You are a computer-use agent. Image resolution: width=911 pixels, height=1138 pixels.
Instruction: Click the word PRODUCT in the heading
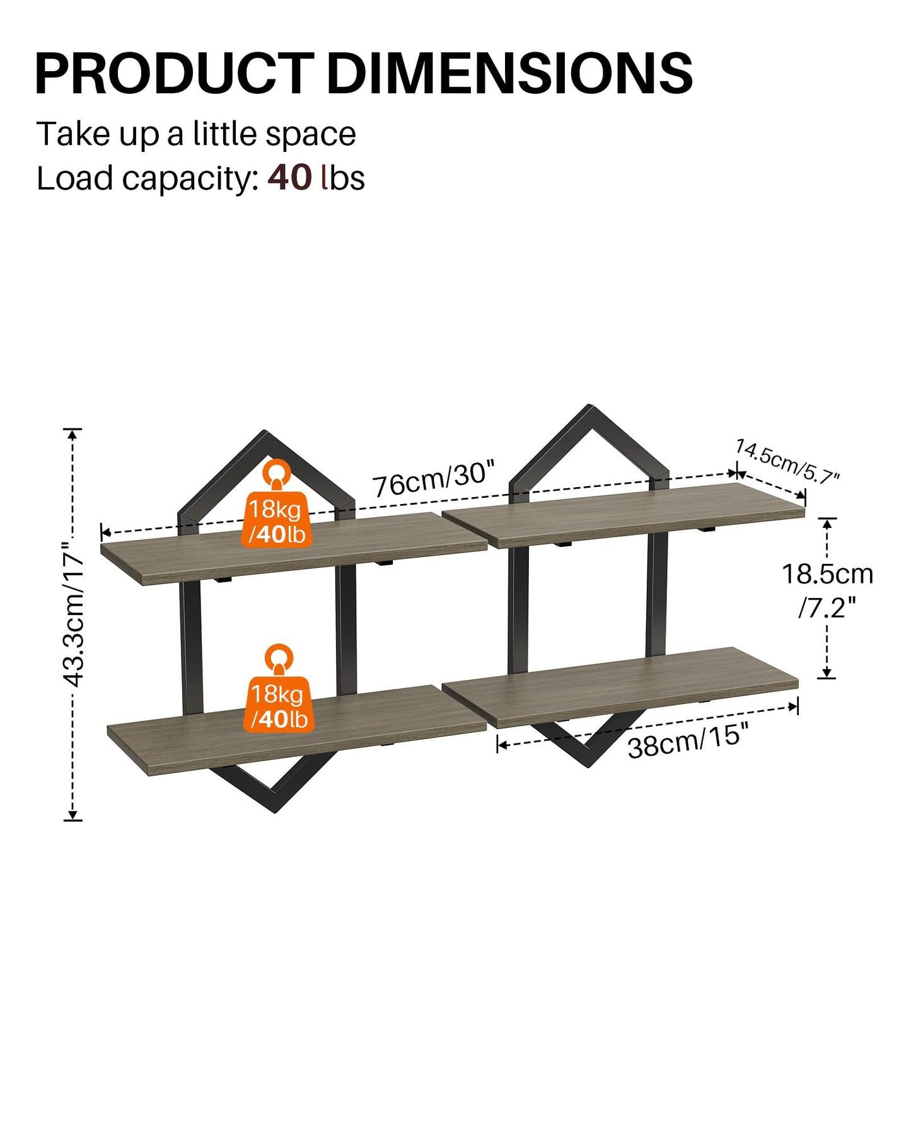click(x=175, y=74)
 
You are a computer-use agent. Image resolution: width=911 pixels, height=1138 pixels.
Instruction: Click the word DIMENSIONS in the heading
click(x=510, y=74)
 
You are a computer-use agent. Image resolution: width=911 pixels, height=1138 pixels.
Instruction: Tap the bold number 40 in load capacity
click(x=289, y=178)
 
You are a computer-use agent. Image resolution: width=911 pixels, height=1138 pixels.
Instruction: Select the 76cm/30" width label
click(x=433, y=480)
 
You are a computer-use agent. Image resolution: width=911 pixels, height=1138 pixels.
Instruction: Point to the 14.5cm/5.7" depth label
click(x=787, y=462)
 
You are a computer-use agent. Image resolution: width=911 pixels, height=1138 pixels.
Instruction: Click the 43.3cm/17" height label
click(x=74, y=614)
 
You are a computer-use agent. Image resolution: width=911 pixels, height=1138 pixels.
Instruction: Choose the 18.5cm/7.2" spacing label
click(x=827, y=590)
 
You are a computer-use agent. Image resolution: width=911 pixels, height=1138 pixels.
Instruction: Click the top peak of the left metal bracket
click(x=264, y=432)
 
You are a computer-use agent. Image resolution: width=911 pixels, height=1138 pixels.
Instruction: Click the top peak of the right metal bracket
click(x=590, y=406)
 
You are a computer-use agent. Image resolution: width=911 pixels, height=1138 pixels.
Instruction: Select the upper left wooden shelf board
click(x=294, y=548)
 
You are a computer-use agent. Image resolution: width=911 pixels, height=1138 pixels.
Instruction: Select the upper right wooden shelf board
click(x=624, y=515)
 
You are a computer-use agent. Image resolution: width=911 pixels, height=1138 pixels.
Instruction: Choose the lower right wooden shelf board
click(x=620, y=687)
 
